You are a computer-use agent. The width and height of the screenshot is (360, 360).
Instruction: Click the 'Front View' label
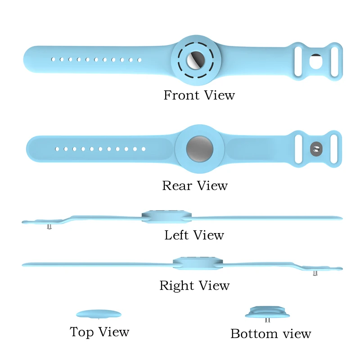coord(199,95)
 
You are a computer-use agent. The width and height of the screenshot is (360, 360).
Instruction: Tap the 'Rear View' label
coord(195,186)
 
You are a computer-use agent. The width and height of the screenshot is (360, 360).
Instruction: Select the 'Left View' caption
coord(194,235)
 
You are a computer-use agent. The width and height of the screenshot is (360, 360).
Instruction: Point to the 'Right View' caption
coord(194,286)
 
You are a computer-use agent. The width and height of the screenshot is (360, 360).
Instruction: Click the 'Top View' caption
coord(99,333)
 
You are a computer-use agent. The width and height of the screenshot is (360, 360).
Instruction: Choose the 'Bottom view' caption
coord(270,334)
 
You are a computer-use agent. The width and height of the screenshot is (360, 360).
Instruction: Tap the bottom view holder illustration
coord(268,312)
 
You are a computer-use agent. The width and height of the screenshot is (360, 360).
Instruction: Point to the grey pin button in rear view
coord(316,148)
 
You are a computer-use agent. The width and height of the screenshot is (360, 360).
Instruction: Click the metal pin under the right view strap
coord(315,273)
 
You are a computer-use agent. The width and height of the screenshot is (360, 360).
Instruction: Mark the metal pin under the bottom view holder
coord(268,320)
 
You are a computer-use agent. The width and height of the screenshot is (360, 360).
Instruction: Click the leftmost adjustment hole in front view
coord(53,59)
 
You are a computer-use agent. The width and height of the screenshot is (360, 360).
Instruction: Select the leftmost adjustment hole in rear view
coord(57,148)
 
